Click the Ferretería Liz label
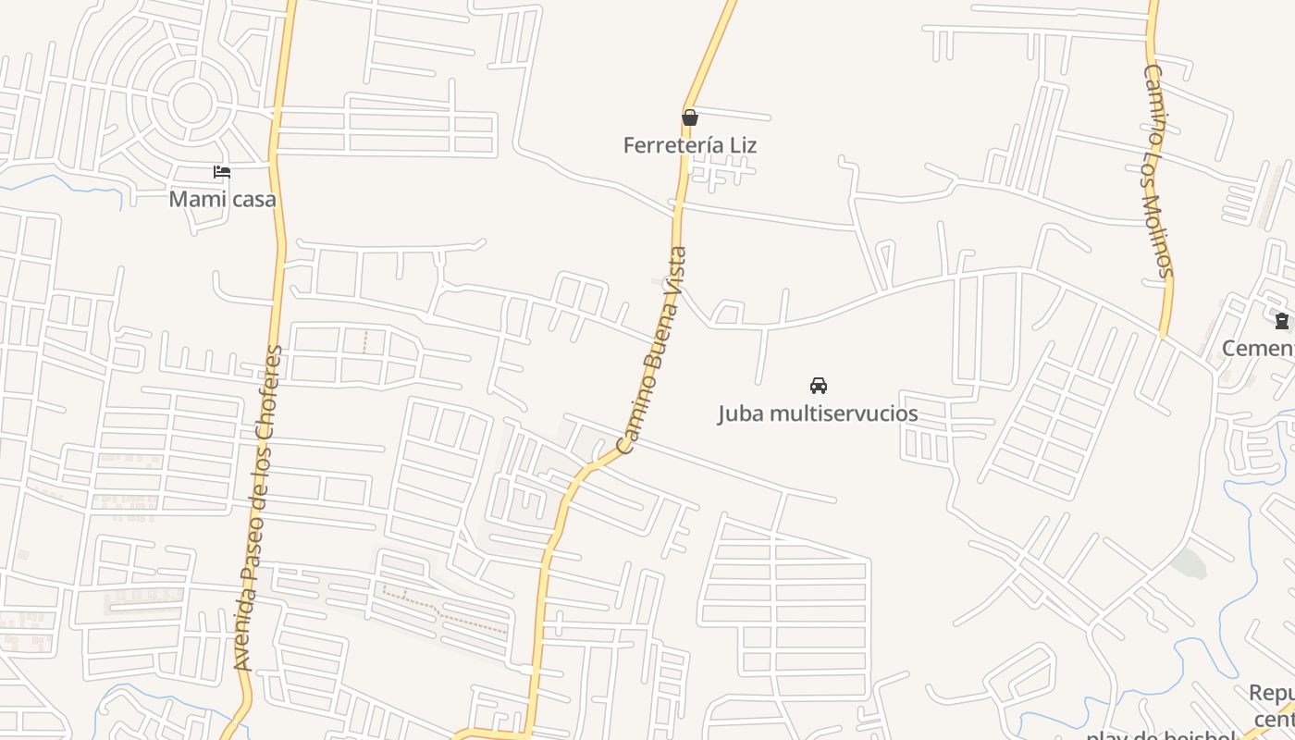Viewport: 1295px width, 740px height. click(x=689, y=145)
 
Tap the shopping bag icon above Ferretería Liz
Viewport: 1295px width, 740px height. click(x=689, y=117)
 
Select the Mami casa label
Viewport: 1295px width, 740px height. click(x=222, y=199)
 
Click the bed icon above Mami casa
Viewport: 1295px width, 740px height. click(x=221, y=172)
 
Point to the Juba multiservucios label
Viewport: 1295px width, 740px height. click(x=818, y=413)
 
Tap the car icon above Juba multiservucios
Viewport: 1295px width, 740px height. click(x=818, y=385)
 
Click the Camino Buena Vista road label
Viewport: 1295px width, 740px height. click(x=652, y=351)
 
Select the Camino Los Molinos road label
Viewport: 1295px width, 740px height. click(x=1157, y=170)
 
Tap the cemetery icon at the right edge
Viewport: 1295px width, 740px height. click(x=1281, y=321)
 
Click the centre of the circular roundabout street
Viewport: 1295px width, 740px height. click(x=192, y=102)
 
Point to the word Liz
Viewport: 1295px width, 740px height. click(x=743, y=145)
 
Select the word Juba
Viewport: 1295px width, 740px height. click(x=740, y=413)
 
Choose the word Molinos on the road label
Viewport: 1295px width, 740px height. click(x=1161, y=235)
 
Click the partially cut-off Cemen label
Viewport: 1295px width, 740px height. click(x=1258, y=348)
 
